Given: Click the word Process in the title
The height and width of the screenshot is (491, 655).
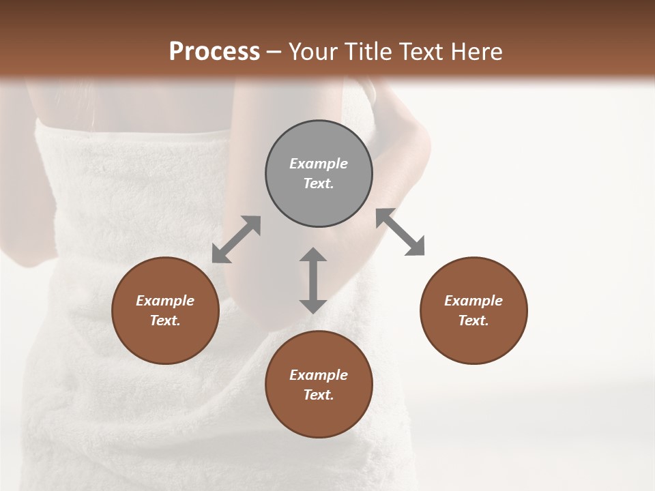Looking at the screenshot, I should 214,52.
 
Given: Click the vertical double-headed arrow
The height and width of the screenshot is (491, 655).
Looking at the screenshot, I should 313,281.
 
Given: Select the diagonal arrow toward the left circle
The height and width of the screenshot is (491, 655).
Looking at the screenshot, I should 236,239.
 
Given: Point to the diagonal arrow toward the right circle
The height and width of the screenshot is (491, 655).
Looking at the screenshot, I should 401,233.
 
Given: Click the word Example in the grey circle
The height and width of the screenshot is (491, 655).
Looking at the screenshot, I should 319,164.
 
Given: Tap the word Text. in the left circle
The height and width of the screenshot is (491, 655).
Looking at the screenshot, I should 165,321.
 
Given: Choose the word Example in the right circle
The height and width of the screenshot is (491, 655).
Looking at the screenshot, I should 474,301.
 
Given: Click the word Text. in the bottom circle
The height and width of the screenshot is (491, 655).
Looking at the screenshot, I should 319,395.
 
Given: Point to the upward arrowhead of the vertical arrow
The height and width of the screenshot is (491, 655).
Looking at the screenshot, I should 313,255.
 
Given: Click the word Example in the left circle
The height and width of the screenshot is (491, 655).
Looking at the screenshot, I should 165,301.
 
